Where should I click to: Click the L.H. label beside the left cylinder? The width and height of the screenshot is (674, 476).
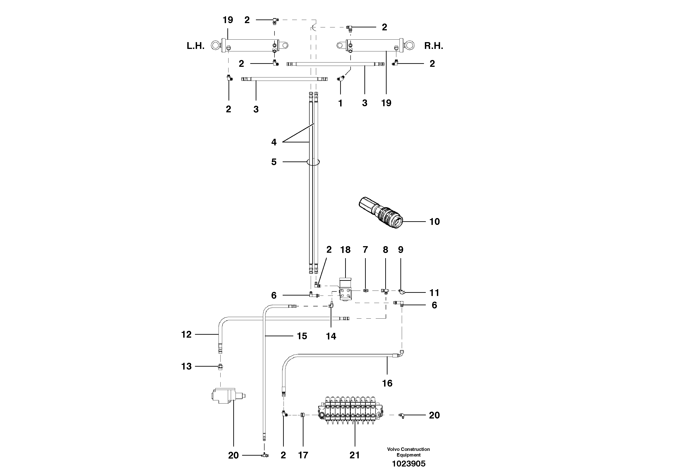195,46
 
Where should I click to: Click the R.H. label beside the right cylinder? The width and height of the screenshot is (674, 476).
433,46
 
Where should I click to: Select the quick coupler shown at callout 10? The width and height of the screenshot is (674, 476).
381,213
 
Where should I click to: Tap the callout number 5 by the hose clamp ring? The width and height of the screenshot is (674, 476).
274,162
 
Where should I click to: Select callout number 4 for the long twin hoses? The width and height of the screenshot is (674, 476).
274,142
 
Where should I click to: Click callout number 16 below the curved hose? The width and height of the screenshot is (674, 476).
387,383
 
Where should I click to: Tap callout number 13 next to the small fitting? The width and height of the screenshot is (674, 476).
186,366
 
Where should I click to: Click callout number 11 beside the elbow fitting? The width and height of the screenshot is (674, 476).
434,293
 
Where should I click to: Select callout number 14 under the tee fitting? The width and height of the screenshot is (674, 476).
331,336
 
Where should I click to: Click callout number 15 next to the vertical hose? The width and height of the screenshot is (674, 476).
302,336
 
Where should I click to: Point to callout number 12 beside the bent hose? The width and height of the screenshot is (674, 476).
186,334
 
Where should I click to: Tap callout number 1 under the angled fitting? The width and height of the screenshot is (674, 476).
340,103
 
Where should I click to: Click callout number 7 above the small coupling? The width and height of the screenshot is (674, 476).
365,250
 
